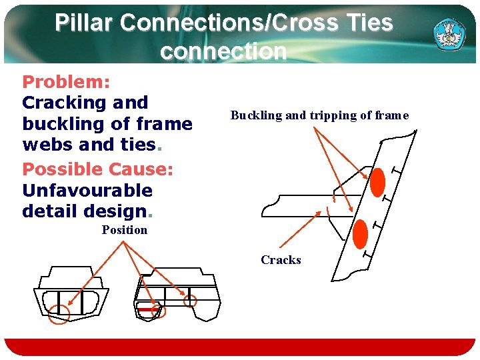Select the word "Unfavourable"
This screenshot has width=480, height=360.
pyautogui.click(x=87, y=191)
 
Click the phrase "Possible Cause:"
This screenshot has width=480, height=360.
pyautogui.click(x=97, y=169)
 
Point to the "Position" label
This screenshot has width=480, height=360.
pyautogui.click(x=124, y=230)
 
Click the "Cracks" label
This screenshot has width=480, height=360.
pyautogui.click(x=281, y=260)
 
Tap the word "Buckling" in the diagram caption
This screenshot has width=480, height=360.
pyautogui.click(x=256, y=115)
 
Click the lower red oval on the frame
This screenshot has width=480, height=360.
pyautogui.click(x=360, y=233)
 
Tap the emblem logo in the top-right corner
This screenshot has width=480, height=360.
pyautogui.click(x=451, y=32)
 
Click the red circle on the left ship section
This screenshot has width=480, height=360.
pyautogui.click(x=59, y=313)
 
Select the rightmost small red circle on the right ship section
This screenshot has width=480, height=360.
pyautogui.click(x=190, y=301)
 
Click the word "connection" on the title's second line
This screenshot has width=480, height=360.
pyautogui.click(x=223, y=51)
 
